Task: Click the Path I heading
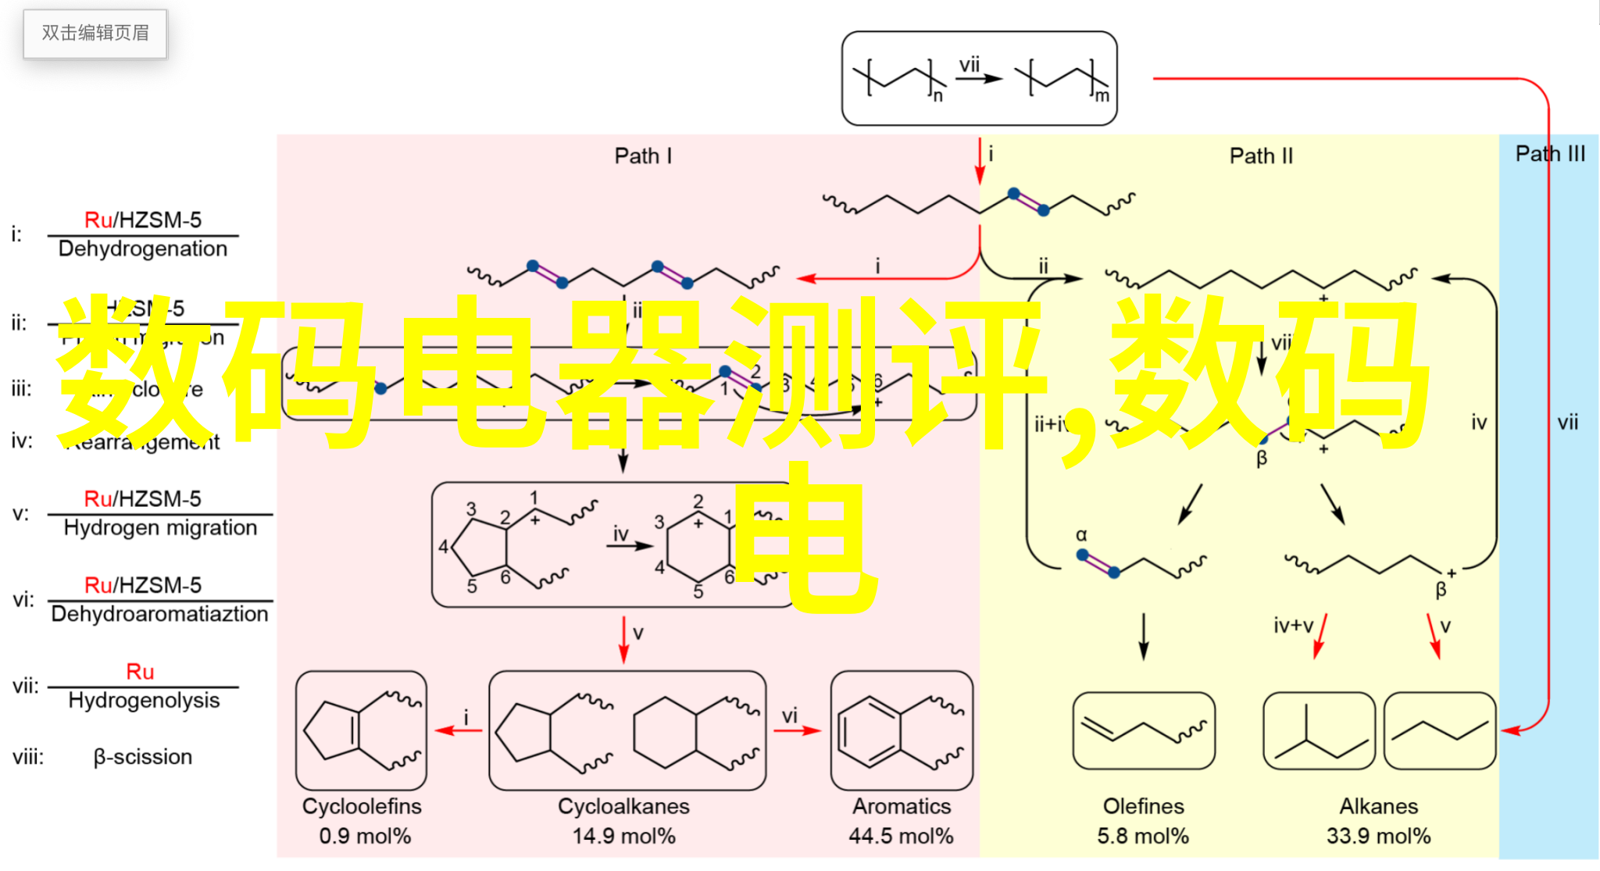643,155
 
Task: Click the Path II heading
1261,155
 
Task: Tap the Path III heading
1550,153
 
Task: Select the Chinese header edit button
95,33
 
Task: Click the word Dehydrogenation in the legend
143,248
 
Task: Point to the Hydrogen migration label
160,527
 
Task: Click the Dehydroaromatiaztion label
159,613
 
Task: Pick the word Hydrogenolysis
144,700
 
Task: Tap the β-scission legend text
143,756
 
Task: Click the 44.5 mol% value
901,836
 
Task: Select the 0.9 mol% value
365,836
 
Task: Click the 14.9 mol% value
623,836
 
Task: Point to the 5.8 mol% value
1143,836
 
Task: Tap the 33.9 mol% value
1378,836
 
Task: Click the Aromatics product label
902,806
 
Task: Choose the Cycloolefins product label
362,806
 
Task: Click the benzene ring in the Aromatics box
868,732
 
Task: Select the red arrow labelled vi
797,730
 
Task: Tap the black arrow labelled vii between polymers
980,78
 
